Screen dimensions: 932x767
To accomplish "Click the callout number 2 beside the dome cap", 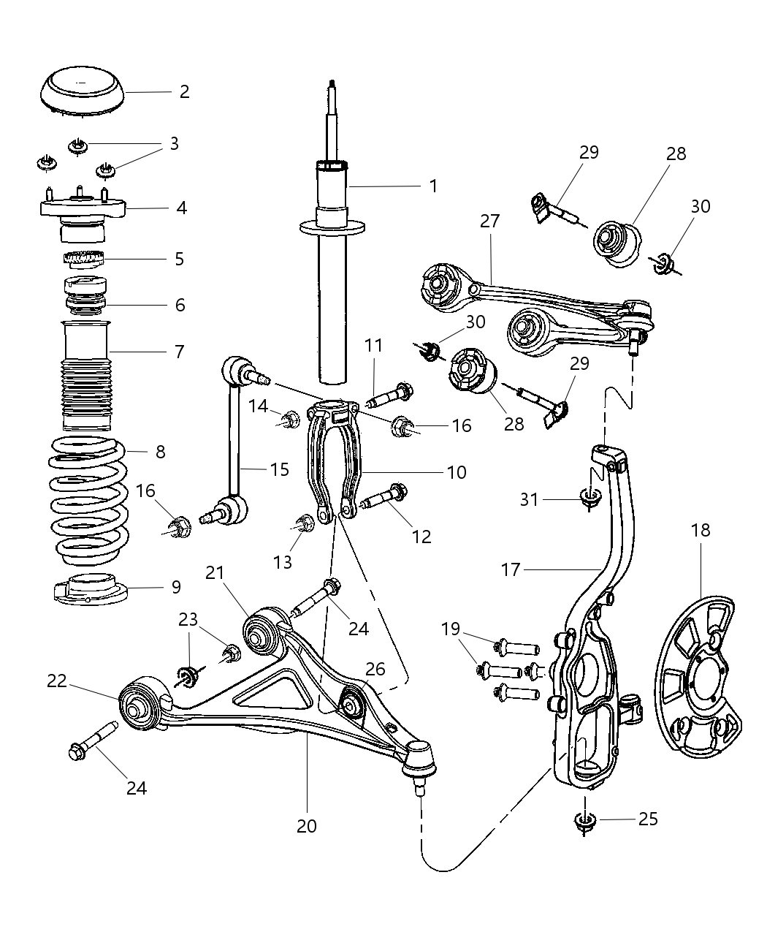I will (184, 91).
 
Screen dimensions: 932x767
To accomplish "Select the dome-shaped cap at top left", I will (81, 91).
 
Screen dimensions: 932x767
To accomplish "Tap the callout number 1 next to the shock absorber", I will (433, 186).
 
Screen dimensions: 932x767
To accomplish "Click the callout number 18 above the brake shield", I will (700, 530).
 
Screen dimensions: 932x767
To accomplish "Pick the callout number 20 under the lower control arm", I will (307, 826).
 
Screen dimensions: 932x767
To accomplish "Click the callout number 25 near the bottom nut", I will (647, 819).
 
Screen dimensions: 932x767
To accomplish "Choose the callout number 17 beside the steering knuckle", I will (511, 569).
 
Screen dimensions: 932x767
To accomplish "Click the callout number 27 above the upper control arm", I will (489, 221).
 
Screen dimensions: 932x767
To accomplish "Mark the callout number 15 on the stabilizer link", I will (279, 469).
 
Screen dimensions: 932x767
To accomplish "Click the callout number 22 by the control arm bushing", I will (57, 681).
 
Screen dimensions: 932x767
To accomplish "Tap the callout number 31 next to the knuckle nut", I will (529, 499).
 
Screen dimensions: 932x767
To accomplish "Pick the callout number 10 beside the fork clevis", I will (456, 472).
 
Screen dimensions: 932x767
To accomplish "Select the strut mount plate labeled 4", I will (83, 208).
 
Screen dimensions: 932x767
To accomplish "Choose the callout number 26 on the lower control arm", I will (375, 669).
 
